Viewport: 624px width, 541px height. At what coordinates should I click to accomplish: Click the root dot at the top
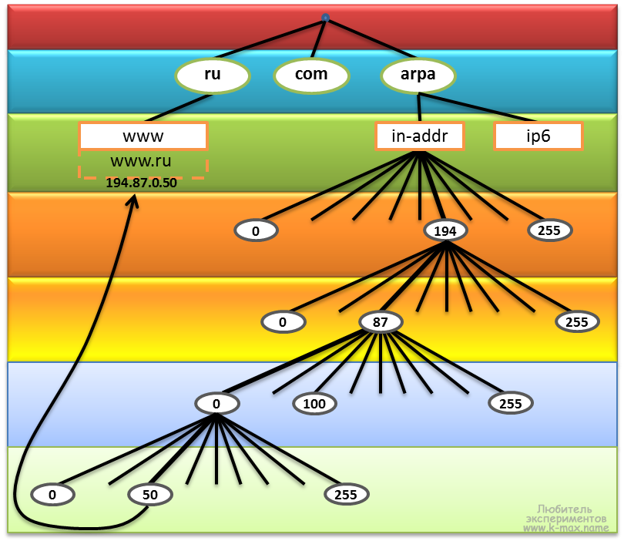[325, 17]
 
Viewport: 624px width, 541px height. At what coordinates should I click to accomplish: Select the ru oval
[213, 75]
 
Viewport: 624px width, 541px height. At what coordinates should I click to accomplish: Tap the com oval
[311, 75]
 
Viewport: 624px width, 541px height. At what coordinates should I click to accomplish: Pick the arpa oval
[418, 75]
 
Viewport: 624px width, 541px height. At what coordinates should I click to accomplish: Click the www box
[143, 136]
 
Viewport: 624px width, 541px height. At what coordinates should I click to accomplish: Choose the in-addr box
[420, 136]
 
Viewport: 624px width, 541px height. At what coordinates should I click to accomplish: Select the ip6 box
[538, 136]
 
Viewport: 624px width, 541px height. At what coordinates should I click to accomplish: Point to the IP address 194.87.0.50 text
[141, 183]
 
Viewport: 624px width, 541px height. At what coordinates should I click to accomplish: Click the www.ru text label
[141, 161]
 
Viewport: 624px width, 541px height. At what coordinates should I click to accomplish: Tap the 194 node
[445, 230]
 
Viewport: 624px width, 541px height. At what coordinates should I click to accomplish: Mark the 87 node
[381, 322]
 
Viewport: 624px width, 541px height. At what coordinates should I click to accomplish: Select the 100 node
[314, 403]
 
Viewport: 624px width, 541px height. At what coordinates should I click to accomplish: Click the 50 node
[150, 495]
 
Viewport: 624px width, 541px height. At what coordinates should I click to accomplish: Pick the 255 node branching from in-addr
[550, 230]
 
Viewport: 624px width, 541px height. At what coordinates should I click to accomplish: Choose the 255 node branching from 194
[577, 322]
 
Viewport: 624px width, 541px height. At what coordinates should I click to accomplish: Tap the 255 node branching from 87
[510, 403]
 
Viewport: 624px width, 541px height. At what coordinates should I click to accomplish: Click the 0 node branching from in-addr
[256, 230]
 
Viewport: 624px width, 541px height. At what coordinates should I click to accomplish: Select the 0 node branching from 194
[283, 322]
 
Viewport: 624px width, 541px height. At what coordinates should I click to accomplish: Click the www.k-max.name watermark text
[565, 528]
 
